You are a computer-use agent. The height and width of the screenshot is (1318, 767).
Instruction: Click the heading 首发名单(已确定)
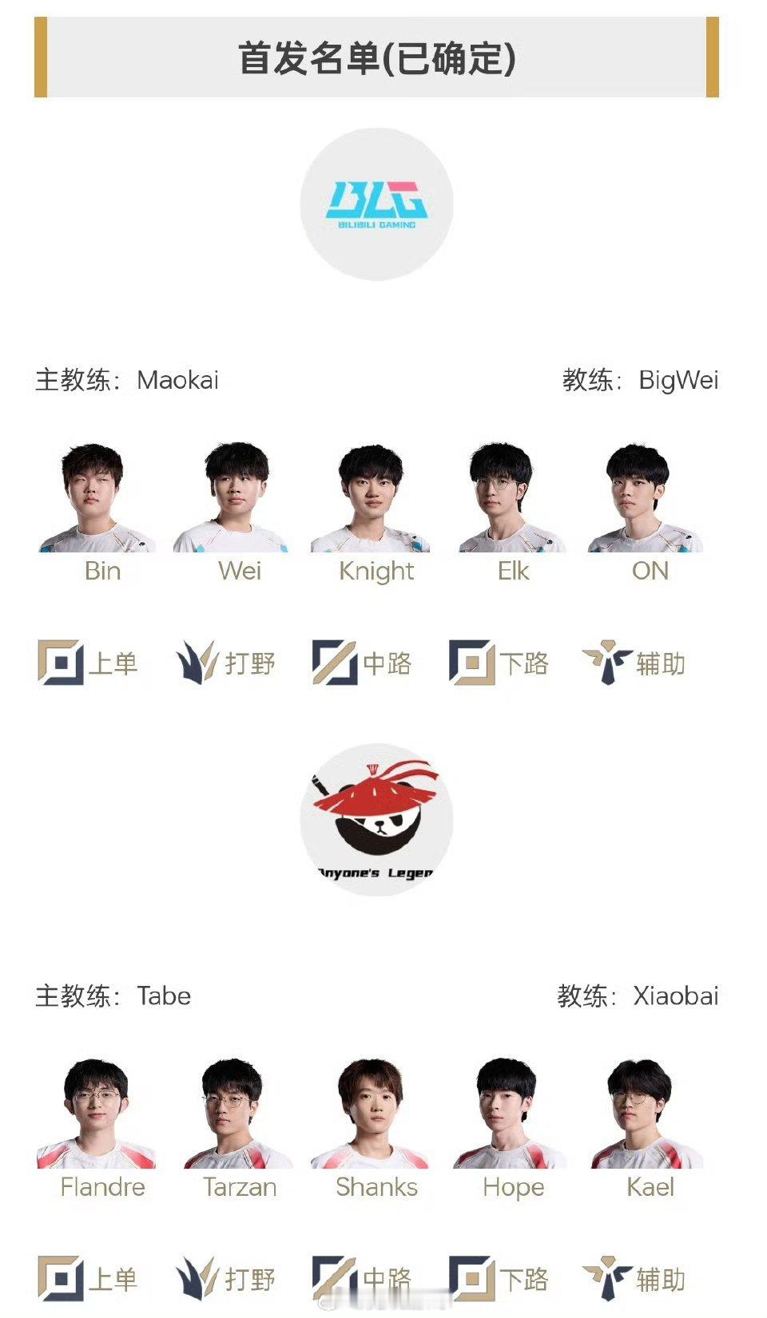[x=377, y=58]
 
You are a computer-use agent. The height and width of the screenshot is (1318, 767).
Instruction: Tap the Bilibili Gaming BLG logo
[x=376, y=204]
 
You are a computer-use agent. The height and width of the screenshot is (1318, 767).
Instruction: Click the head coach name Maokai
[x=177, y=380]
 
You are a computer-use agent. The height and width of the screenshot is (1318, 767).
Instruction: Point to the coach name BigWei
[x=678, y=381]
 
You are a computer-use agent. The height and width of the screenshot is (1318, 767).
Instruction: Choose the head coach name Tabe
[x=164, y=996]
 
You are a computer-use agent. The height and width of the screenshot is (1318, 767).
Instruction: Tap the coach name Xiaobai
[x=676, y=996]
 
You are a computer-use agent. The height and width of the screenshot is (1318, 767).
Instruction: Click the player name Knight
[x=376, y=572]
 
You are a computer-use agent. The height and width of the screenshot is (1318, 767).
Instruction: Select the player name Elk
[x=513, y=571]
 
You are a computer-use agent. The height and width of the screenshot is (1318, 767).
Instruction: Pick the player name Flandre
[x=102, y=1187]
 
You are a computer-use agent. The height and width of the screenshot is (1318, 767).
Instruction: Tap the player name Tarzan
[x=240, y=1187]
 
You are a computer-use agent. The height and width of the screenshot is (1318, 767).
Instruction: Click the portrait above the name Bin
[x=97, y=497]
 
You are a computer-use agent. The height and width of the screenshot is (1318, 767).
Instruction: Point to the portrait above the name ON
[x=645, y=498]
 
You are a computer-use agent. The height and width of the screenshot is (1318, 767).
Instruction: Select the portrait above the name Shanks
[x=370, y=1114]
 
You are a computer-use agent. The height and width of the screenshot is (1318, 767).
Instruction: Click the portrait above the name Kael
[x=647, y=1114]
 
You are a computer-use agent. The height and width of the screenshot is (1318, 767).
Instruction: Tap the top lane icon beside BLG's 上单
[x=60, y=663]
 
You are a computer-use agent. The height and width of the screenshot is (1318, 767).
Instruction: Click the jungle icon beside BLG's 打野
[x=197, y=663]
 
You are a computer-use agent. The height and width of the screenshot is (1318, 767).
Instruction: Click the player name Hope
[x=513, y=1188]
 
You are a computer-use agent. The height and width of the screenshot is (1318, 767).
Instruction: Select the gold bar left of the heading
[x=41, y=57]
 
